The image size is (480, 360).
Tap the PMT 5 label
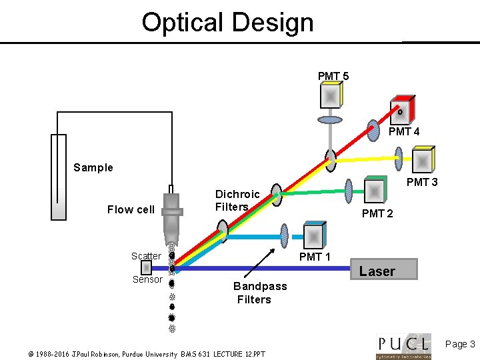click(x=333, y=76)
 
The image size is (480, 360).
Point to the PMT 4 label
click(x=404, y=132)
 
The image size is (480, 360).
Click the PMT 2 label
click(x=377, y=214)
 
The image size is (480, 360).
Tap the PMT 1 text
click(x=315, y=257)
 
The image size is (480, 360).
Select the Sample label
click(x=93, y=167)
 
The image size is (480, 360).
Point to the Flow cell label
click(x=131, y=209)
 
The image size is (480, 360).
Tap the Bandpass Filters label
click(x=259, y=293)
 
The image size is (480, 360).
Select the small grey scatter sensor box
click(x=146, y=267)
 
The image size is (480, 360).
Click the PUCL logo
click(x=403, y=345)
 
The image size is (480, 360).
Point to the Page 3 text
click(x=459, y=344)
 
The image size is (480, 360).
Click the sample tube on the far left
click(x=58, y=177)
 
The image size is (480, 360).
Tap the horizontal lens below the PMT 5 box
click(x=329, y=121)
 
